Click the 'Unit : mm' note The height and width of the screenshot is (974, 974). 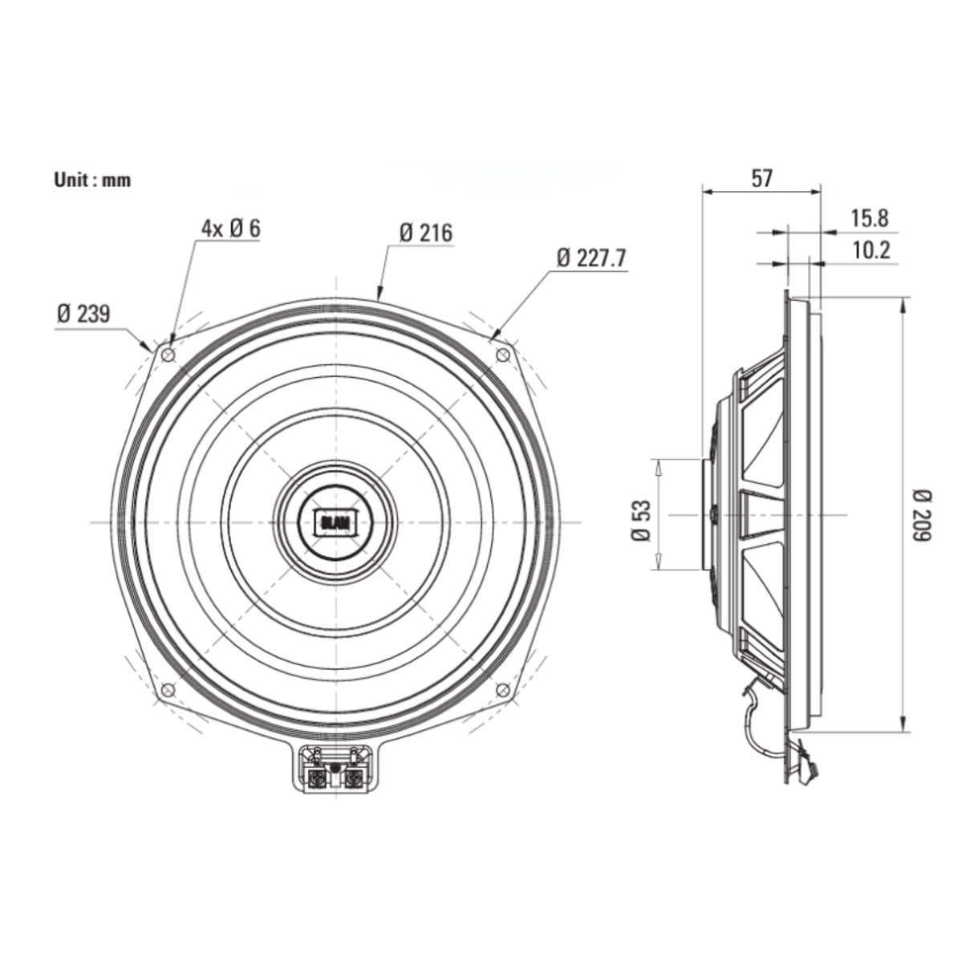pyautogui.click(x=92, y=180)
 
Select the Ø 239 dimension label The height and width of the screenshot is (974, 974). pyautogui.click(x=83, y=314)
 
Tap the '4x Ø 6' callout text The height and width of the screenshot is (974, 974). pyautogui.click(x=231, y=229)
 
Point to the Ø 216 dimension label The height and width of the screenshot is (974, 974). pyautogui.click(x=426, y=233)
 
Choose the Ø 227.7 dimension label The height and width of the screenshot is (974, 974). pyautogui.click(x=591, y=258)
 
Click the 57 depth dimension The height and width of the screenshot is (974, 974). pyautogui.click(x=762, y=178)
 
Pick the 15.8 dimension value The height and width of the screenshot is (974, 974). pyautogui.click(x=870, y=218)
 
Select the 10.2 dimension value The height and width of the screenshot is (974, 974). pyautogui.click(x=871, y=250)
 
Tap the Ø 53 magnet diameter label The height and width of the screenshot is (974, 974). pyautogui.click(x=641, y=521)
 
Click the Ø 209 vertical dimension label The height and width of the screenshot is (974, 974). pyautogui.click(x=922, y=516)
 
